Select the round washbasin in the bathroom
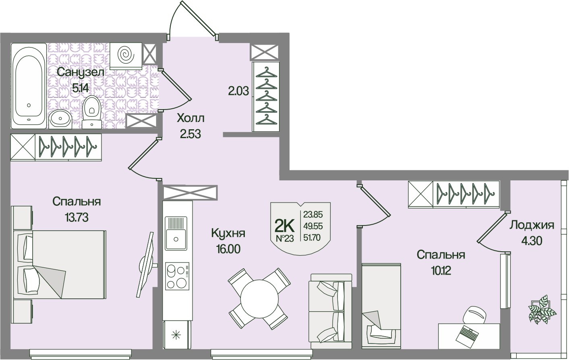click(x=61, y=118)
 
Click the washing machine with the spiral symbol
click(x=126, y=54)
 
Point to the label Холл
click(x=190, y=118)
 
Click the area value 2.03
click(x=238, y=91)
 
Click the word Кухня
click(x=228, y=233)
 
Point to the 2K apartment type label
click(x=284, y=225)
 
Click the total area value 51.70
click(x=312, y=238)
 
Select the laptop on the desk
click(x=467, y=334)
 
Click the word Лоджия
click(x=532, y=225)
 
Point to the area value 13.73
click(x=76, y=217)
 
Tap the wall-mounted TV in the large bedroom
click(x=146, y=265)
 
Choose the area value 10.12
click(x=441, y=271)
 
